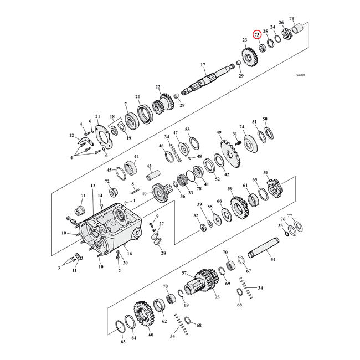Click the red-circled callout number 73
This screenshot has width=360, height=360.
(x=257, y=34)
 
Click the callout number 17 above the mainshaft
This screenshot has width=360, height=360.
(x=203, y=65)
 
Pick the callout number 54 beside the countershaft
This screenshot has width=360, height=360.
(x=272, y=258)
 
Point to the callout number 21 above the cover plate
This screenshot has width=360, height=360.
(x=97, y=116)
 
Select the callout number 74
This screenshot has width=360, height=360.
(x=241, y=127)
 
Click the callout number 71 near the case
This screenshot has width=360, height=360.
(x=84, y=196)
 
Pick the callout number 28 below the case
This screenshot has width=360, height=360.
(x=163, y=253)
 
